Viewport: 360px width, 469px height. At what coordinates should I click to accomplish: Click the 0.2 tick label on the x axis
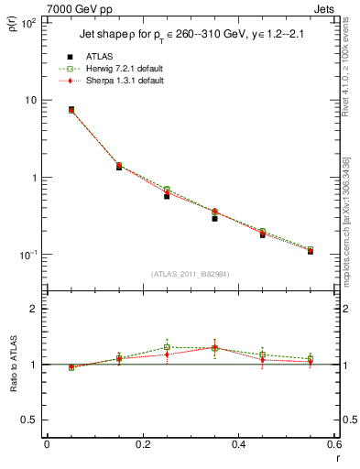(142, 446)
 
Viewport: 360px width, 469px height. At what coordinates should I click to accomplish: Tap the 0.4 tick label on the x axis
(238, 446)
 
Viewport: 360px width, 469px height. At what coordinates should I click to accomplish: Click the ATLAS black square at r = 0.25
(167, 196)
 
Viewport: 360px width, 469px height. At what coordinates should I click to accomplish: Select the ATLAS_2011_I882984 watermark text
(190, 274)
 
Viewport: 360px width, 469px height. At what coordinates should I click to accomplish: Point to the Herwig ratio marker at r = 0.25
(167, 347)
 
